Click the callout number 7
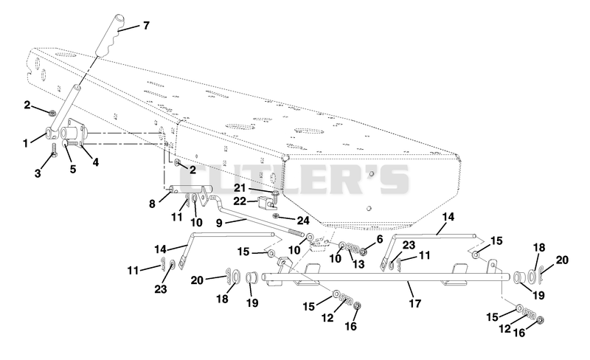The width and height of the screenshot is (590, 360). point(146,26)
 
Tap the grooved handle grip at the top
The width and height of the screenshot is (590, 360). point(110,35)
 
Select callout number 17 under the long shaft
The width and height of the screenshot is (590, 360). point(415,303)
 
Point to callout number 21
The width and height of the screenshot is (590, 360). point(240,187)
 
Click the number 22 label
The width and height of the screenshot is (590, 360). point(240,201)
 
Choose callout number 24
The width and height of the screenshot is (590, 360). point(302,219)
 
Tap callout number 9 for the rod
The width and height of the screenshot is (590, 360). point(219,223)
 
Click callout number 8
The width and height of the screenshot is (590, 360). point(152,204)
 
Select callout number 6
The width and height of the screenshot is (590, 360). point(379,239)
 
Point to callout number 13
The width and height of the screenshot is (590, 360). point(358,264)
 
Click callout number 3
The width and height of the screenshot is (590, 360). point(38,173)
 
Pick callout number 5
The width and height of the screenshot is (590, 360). point(73,169)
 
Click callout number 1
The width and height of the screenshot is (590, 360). point(26,143)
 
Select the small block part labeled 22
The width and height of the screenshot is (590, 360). point(265,204)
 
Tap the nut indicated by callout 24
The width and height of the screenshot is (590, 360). point(275,215)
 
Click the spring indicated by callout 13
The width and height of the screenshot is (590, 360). point(353,248)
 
